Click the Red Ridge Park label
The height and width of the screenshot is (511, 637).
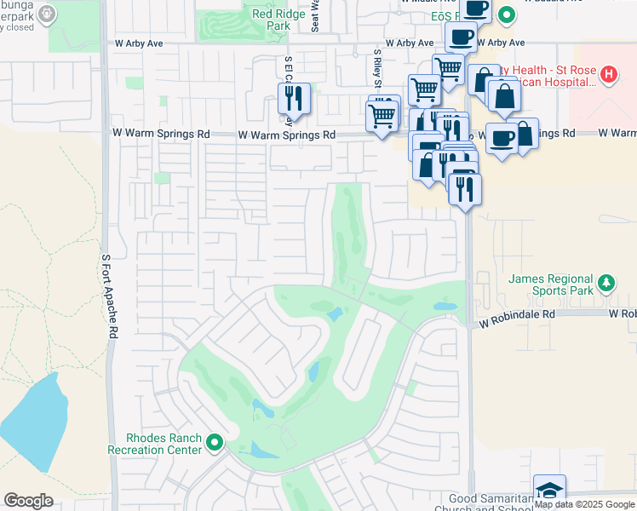pos(273,19)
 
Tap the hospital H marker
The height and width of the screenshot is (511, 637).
pos(608,74)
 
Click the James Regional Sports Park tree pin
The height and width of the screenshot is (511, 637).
pos(605,281)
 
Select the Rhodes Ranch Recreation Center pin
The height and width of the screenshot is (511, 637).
pos(214,442)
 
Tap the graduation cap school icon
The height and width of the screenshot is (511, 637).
pos(549,491)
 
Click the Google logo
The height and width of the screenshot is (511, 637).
pos(28,501)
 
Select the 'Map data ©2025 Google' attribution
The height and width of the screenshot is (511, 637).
pos(584,505)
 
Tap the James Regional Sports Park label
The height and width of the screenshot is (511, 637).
pos(550,285)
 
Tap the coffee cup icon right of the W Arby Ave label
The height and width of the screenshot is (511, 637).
pos(461,37)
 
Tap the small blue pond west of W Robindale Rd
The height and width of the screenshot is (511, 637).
pos(445,306)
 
